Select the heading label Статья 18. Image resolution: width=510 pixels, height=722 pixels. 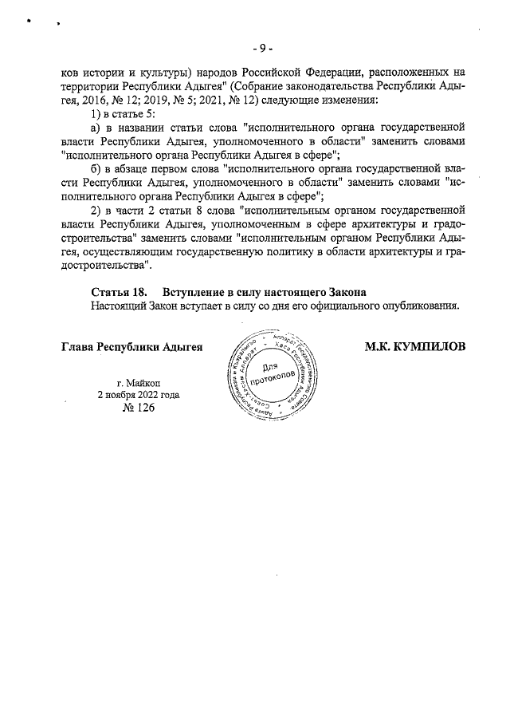pos(119,291)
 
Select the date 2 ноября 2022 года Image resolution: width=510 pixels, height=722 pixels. pos(138,394)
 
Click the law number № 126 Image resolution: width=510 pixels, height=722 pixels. pos(138,408)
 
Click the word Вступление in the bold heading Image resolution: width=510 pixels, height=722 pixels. pos(198,291)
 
